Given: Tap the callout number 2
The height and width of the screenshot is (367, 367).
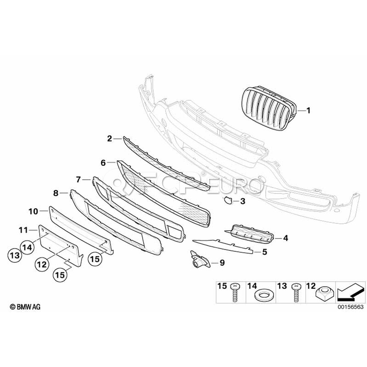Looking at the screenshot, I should click(x=109, y=139).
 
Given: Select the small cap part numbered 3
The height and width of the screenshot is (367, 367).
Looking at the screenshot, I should click(x=226, y=200).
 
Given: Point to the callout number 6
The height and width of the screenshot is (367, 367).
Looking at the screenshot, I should click(x=103, y=163).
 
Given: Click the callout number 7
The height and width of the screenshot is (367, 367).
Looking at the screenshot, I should click(x=79, y=179).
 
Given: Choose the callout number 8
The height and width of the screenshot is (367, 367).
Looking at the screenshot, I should click(x=56, y=191).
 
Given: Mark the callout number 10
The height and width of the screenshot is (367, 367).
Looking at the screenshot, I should click(x=33, y=211).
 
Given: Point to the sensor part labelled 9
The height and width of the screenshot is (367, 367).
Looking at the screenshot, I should click(x=197, y=260).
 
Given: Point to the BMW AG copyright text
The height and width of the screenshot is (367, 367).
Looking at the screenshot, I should click(x=25, y=307).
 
